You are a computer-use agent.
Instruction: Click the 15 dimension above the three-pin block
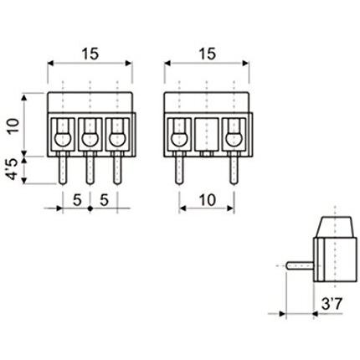(90, 54)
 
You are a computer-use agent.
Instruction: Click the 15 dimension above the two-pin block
(208, 54)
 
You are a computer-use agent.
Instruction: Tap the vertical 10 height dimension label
(13, 126)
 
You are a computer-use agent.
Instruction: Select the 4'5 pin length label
(13, 170)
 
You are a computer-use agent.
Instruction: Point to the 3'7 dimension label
(332, 304)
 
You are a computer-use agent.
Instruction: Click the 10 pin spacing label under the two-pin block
(208, 200)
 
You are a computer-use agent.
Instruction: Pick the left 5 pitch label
(77, 200)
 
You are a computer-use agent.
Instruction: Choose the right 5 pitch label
(104, 200)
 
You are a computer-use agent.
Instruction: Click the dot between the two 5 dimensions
(90, 208)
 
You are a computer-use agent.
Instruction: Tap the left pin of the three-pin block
(63, 168)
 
